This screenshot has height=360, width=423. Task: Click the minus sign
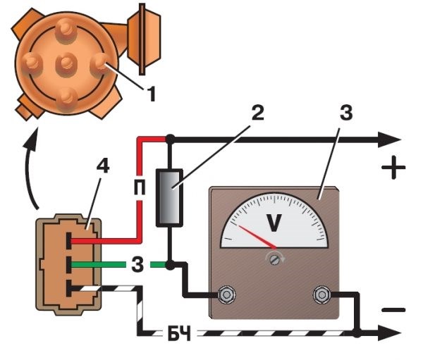(395, 309)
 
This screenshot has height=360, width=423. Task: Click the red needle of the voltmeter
(257, 237)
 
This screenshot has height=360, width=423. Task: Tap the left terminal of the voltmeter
(227, 294)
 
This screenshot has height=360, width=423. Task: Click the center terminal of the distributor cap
(67, 63)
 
